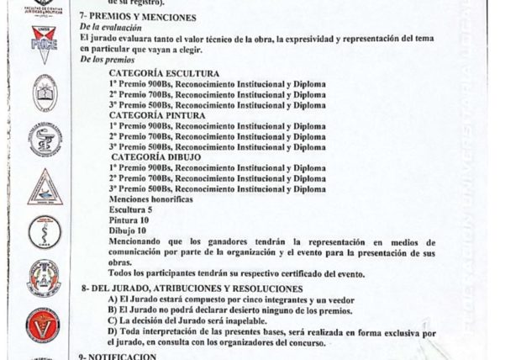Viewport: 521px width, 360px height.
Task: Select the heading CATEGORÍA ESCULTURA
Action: (164, 74)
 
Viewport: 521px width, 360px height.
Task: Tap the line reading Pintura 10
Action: (129, 220)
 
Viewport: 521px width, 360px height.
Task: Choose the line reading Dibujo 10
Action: (128, 230)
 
